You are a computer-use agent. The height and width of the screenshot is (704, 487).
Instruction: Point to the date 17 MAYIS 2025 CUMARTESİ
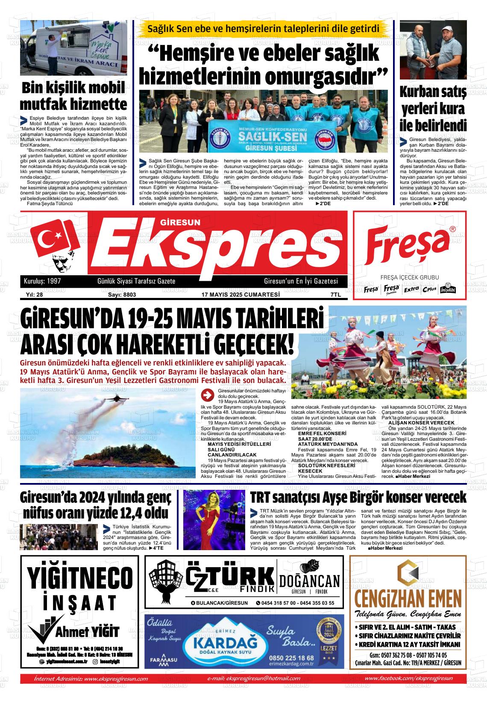[x=241, y=295]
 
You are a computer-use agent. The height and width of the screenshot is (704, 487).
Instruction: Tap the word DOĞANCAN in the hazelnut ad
[x=310, y=581]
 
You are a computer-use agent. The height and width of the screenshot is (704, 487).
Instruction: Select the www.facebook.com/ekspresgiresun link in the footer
[x=409, y=678]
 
